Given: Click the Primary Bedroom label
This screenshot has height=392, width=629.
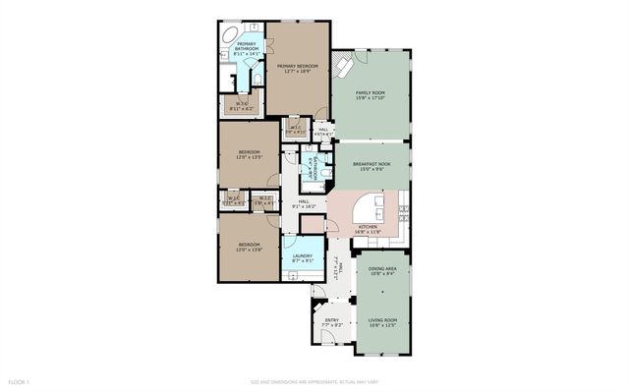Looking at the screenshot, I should tap(296, 69).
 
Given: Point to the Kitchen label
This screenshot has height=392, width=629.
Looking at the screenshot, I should tap(368, 229).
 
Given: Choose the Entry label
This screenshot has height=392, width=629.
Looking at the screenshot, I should tap(330, 320).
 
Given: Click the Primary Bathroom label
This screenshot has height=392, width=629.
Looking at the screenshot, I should tap(246, 48).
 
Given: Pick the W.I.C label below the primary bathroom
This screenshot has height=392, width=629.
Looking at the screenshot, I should tap(241, 103).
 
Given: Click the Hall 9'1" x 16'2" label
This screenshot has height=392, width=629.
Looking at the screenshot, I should tap(305, 204).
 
